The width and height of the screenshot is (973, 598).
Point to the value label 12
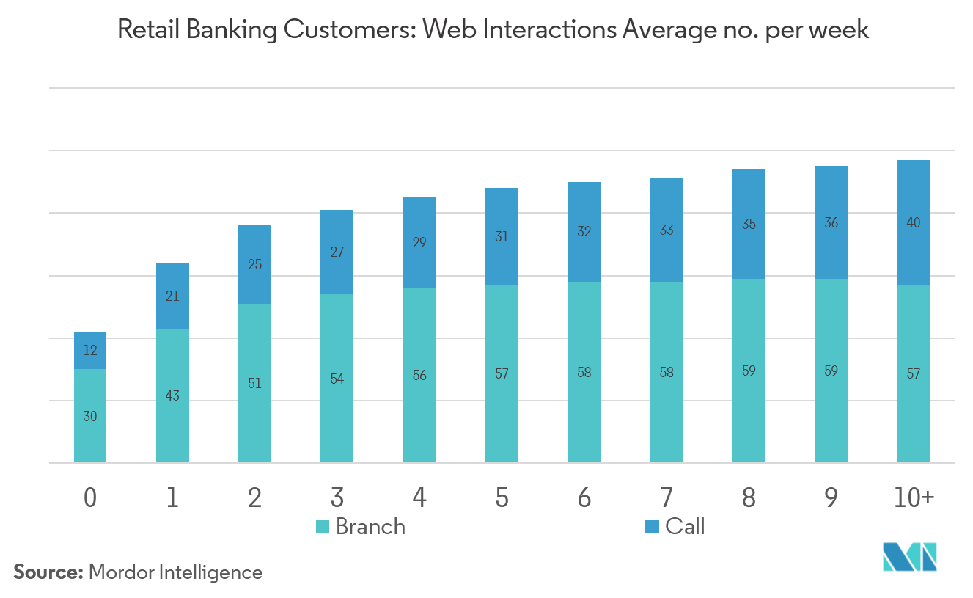coord(90,351)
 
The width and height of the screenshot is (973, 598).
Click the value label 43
coord(172,396)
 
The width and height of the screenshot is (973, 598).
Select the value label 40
coord(914,222)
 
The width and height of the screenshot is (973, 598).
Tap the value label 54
coord(337,379)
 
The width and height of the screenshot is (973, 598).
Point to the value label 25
coord(254,265)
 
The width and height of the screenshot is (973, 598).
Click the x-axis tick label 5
coord(502,498)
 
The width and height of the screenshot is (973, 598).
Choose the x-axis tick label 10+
coord(914,498)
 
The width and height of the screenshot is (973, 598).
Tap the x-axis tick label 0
coord(90,498)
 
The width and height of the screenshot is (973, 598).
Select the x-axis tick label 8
coord(749,498)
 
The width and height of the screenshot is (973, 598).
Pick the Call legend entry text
coord(685,526)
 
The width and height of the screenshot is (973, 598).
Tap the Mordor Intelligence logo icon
coord(910,558)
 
